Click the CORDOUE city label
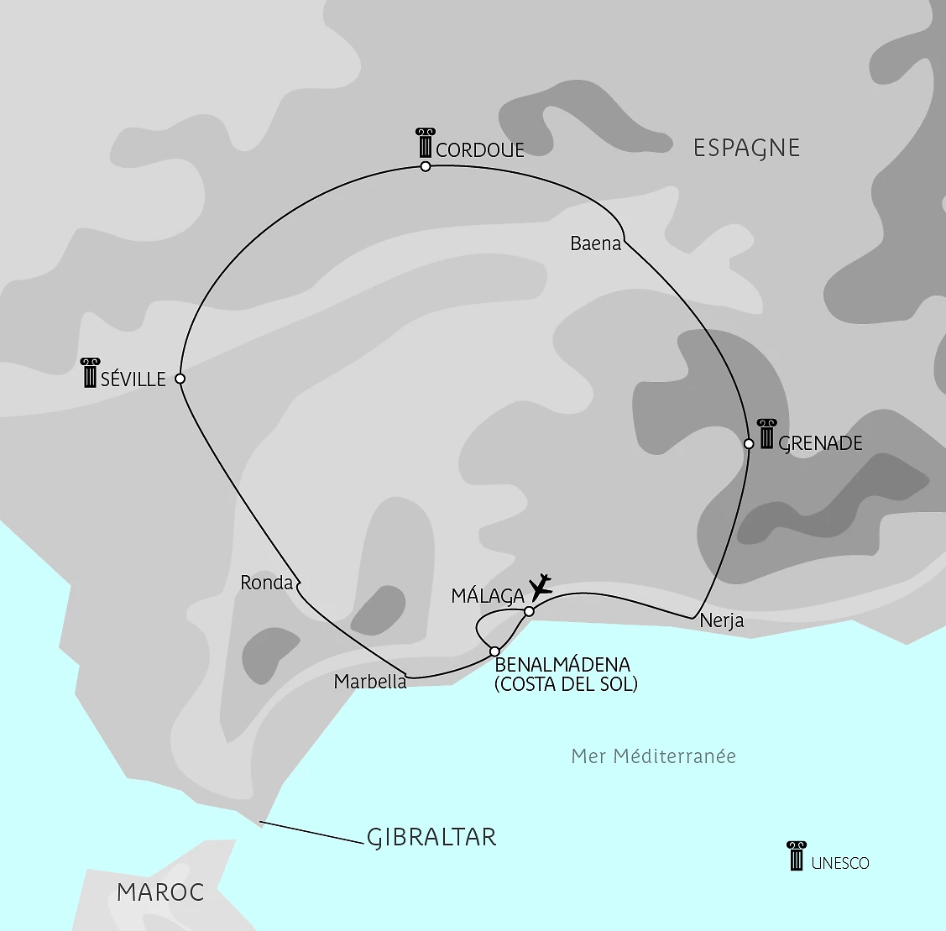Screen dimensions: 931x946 pos(480,150)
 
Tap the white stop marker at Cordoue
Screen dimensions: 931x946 pos(426,166)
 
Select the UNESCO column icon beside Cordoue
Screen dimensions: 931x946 pos(425,144)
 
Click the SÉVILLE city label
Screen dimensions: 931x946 pos(133,379)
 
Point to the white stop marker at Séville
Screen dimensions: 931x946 pos(180,379)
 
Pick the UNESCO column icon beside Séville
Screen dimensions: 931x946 pos(91,373)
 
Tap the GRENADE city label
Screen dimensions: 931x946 pos(821,443)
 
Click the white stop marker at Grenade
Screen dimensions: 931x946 pos(749,443)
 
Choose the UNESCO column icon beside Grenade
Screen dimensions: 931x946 pos(766,433)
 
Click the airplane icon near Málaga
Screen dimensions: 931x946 pos(541,587)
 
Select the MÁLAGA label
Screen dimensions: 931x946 pos(488,596)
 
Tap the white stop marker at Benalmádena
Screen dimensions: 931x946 pos(494,651)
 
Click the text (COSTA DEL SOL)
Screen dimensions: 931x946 pos(566,684)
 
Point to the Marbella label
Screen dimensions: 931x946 pos(370,682)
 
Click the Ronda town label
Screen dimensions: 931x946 pos(266,583)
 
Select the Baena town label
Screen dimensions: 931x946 pos(596,243)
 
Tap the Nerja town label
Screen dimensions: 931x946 pos(721,622)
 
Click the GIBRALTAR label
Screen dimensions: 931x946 pos(431,837)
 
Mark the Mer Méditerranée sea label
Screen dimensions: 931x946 pos(653,756)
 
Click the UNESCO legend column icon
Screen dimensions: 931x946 pos(797,855)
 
